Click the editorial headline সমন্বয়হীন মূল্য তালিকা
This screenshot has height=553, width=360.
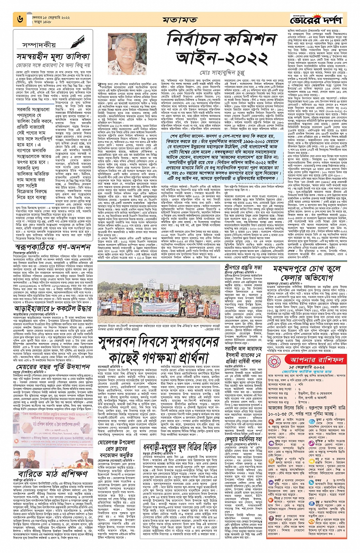(x=53, y=57)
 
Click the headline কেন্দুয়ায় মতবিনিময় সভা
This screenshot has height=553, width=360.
(x=248, y=439)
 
